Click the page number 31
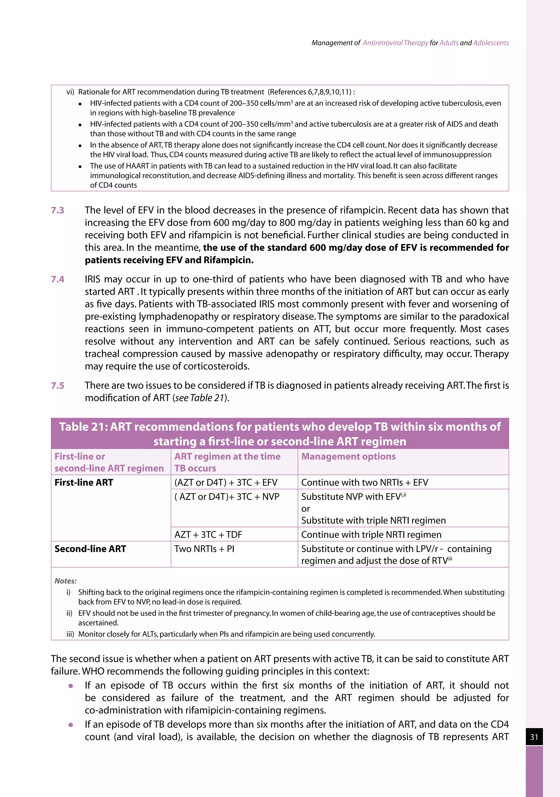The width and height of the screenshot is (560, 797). tap(534, 737)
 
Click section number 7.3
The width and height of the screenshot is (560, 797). tap(58, 210)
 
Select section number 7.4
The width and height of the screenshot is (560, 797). tap(58, 280)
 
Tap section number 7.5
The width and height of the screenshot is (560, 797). tap(58, 386)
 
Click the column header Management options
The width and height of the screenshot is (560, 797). tap(348, 457)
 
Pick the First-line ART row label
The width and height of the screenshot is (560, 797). tap(84, 483)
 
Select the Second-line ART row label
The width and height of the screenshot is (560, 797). tap(90, 549)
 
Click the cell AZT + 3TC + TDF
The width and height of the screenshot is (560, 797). tap(208, 535)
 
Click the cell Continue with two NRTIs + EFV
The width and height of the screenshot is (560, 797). tap(364, 483)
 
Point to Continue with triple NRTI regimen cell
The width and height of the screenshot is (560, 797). tap(371, 535)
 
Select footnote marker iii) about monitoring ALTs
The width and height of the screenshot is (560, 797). tap(70, 634)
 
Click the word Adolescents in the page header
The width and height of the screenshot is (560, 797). tap(491, 43)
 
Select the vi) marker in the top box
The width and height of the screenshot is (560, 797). tap(70, 92)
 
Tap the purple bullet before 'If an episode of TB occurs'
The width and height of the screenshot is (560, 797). tap(71, 686)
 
